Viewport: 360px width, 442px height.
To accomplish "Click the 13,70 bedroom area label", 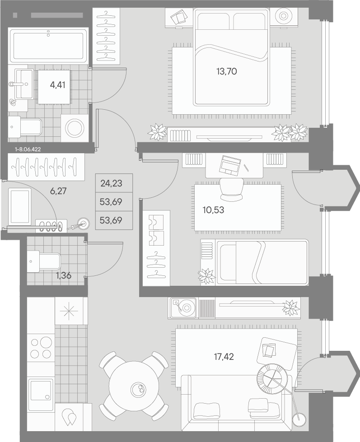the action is [227, 72].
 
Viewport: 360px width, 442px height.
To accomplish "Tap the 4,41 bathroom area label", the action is [57, 85].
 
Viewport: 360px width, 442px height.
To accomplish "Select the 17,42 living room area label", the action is [224, 357].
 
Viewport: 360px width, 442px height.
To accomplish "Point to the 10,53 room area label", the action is [213, 210].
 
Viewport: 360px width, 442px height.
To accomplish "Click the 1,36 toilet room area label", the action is [64, 276].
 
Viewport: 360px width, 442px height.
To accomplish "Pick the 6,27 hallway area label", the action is [58, 191].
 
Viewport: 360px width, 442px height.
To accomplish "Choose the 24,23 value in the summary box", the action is [112, 183].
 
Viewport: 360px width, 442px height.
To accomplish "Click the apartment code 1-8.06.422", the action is [28, 149].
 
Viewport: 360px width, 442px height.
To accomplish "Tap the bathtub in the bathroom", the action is [48, 46].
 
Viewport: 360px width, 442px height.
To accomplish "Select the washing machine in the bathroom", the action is [75, 128].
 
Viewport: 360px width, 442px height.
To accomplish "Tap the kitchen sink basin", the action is [41, 390].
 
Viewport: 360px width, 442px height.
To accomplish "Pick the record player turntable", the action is [183, 307].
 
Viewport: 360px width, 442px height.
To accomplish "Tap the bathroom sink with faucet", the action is [23, 84].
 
